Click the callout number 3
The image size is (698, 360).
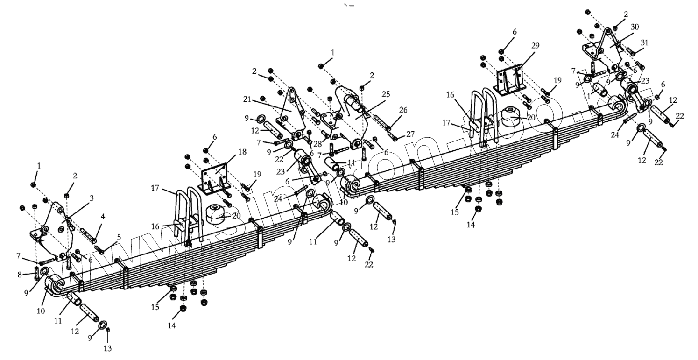click(x=92, y=198)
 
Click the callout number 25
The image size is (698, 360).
click(x=385, y=94)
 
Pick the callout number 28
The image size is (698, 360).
click(x=317, y=144)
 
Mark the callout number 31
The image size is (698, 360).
click(x=644, y=42)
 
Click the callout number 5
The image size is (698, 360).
click(x=119, y=237)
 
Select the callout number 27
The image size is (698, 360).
click(x=410, y=134)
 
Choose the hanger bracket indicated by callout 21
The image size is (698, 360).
click(x=293, y=112)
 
